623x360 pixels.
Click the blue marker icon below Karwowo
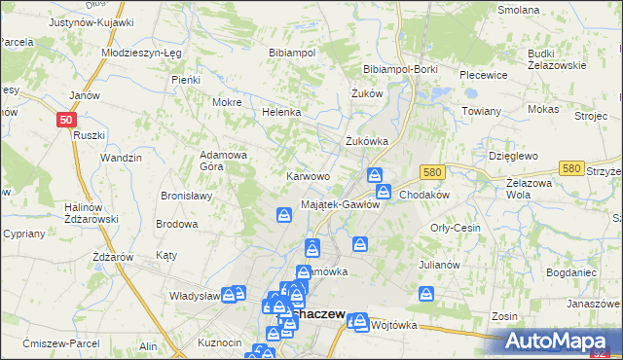point(283,214)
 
